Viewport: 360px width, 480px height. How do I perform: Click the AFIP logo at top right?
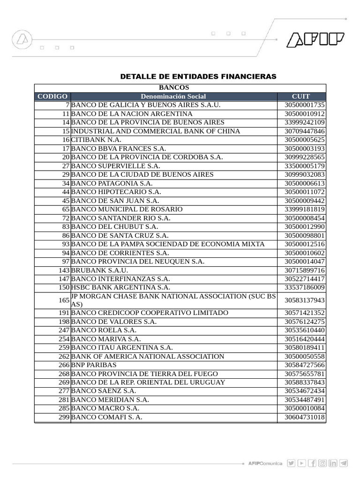315,40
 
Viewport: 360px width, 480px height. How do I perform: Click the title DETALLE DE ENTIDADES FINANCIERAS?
198,76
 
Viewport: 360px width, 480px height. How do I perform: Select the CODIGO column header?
52,97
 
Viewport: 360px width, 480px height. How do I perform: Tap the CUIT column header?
301,97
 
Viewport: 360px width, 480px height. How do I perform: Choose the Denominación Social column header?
173,97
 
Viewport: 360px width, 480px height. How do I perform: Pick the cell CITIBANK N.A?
97,140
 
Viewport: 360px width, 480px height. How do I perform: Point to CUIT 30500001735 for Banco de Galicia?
304,105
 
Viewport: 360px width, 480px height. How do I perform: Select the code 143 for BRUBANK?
64,270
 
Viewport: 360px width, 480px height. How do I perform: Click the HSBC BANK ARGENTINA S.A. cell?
120,287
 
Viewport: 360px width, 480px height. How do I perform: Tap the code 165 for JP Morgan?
64,300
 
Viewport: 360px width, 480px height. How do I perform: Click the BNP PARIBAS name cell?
94,365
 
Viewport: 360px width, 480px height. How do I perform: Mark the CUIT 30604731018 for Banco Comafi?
304,417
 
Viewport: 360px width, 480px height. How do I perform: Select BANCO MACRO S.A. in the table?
105,408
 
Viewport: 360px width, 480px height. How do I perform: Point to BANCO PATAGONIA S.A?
112,183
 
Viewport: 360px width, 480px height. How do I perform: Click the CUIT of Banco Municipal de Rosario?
304,210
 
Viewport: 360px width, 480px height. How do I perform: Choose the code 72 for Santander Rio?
66,218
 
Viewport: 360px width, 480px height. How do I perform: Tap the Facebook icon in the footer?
312,463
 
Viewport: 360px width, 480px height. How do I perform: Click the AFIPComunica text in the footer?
265,464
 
